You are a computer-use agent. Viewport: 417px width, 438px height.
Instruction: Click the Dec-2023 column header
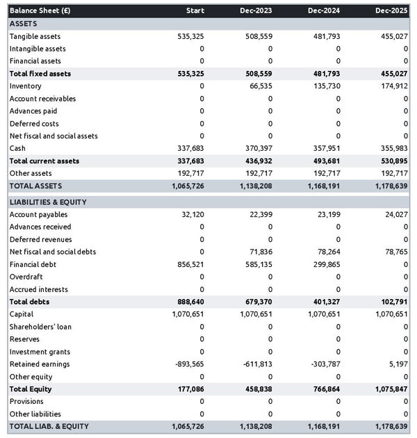click(256, 11)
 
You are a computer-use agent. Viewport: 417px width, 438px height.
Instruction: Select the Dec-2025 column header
click(393, 11)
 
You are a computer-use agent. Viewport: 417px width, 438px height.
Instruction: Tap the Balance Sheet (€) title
click(40, 11)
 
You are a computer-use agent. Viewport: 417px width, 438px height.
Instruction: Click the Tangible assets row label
click(35, 36)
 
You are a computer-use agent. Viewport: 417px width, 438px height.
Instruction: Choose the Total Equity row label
click(31, 389)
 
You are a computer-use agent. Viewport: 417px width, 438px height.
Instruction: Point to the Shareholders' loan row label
click(40, 327)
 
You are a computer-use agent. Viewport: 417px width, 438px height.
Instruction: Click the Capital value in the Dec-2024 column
click(324, 314)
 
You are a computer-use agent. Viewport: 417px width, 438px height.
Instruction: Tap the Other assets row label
click(31, 173)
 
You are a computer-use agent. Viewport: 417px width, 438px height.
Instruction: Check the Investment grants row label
click(39, 352)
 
